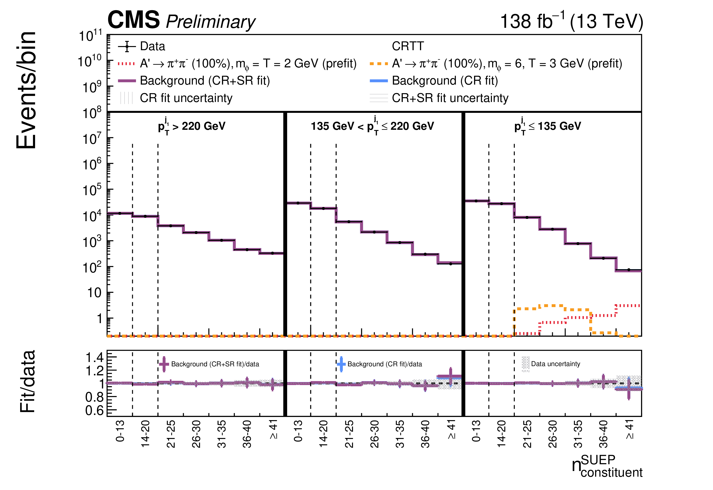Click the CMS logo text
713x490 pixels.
(134, 20)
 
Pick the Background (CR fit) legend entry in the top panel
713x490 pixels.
(434, 81)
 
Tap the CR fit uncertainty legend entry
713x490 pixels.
(176, 98)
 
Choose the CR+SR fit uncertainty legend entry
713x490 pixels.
(439, 98)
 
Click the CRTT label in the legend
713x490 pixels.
(408, 46)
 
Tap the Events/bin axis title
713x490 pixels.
(26, 90)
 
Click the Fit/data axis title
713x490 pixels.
(28, 382)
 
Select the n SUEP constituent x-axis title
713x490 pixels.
(607, 466)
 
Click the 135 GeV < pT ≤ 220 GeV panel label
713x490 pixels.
(372, 125)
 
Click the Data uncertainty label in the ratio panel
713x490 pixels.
(556, 364)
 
